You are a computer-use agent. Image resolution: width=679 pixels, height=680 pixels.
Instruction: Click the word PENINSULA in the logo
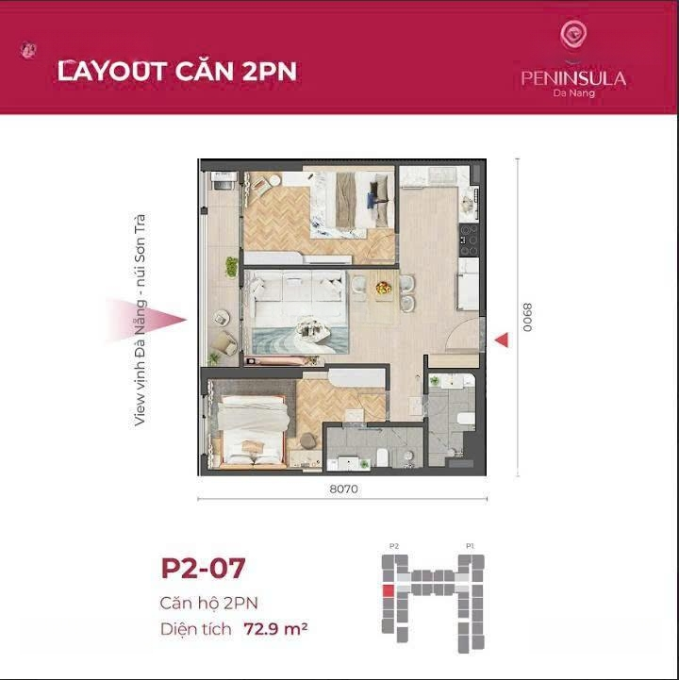(x=573, y=78)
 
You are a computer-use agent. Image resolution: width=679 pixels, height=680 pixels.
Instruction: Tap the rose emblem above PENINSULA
(x=573, y=35)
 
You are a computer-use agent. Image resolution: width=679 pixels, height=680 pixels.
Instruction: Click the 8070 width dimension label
(x=344, y=489)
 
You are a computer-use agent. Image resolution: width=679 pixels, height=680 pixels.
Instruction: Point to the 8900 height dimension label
(x=527, y=318)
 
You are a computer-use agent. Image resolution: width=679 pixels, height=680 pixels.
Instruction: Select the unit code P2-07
(x=203, y=568)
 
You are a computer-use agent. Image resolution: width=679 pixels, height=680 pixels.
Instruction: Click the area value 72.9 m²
(x=275, y=628)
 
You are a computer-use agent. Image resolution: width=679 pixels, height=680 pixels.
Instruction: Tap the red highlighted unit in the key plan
(x=388, y=590)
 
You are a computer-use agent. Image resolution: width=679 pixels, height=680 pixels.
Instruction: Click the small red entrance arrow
(x=502, y=340)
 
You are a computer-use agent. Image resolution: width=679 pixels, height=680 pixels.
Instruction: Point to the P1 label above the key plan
(x=470, y=546)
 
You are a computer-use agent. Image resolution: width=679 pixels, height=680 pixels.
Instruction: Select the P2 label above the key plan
(x=393, y=546)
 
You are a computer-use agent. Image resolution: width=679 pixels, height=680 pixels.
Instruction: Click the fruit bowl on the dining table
(x=383, y=287)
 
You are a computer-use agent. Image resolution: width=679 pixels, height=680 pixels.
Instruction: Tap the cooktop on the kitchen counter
(x=469, y=240)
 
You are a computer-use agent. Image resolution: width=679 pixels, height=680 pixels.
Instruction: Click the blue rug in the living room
(x=300, y=340)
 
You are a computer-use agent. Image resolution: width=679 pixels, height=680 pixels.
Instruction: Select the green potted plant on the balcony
(x=232, y=267)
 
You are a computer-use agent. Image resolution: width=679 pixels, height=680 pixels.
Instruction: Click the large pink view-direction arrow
(x=146, y=320)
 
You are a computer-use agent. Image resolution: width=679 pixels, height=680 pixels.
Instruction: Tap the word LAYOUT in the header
(x=112, y=71)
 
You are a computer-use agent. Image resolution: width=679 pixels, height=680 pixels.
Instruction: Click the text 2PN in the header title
(x=269, y=72)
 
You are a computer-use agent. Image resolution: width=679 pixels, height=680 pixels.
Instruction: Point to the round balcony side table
(x=221, y=318)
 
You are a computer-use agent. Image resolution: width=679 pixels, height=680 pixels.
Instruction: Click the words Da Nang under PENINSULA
(x=573, y=92)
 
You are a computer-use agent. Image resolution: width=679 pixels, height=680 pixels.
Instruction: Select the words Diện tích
(x=195, y=629)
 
